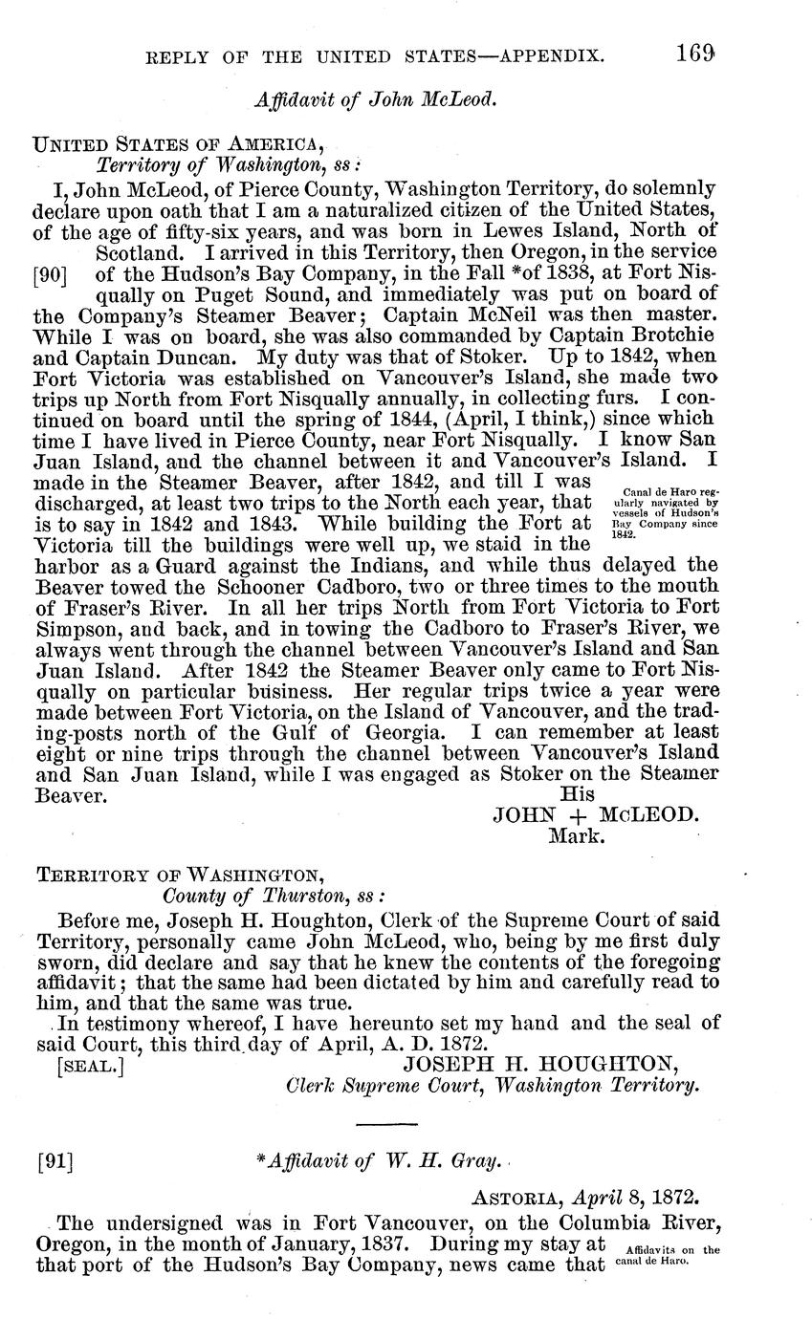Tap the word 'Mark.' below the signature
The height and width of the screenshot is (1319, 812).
click(x=575, y=836)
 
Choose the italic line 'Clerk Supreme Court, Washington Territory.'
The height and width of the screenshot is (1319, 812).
click(x=494, y=1086)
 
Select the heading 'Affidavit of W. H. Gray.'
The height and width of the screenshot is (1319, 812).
click(x=383, y=1161)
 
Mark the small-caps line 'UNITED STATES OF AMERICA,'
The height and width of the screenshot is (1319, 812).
click(x=179, y=144)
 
